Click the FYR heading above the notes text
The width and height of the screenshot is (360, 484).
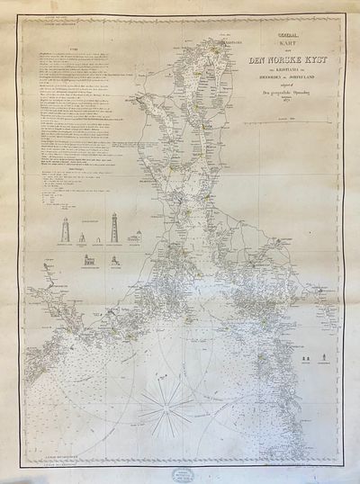(61, 53)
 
